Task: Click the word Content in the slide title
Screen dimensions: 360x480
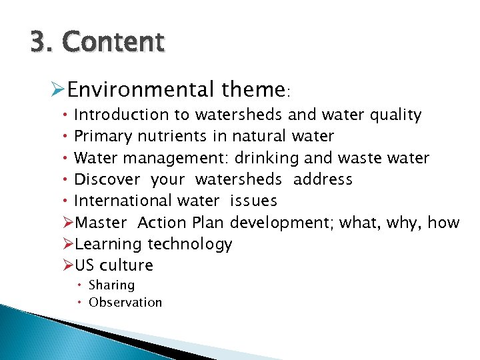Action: click(113, 42)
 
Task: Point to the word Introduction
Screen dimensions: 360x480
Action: click(112, 115)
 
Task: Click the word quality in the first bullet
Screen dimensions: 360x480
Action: click(397, 115)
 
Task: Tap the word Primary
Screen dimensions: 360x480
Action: click(103, 137)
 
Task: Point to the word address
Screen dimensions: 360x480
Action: click(323, 179)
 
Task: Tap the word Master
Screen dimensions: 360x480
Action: click(100, 222)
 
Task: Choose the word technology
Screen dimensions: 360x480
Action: click(190, 244)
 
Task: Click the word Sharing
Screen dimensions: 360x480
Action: click(111, 285)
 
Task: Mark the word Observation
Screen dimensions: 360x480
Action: click(125, 302)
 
